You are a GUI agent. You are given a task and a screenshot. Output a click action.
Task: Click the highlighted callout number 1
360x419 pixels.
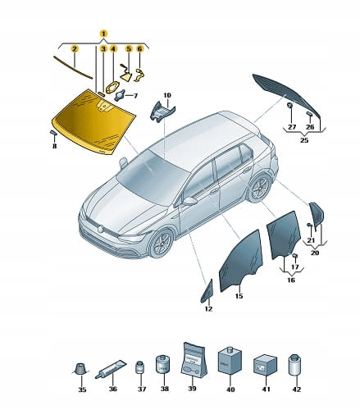click(103, 34)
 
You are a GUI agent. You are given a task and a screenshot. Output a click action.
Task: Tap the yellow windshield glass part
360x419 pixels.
click(93, 121)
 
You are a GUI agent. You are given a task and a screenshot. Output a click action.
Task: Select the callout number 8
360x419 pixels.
click(55, 146)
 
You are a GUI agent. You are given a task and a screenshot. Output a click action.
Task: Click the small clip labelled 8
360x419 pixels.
click(53, 133)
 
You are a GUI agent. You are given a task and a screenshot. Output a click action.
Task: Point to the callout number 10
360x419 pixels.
click(167, 95)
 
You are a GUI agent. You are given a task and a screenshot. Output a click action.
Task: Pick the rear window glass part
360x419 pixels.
click(286, 95)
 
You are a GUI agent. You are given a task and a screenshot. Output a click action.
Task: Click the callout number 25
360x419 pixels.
click(304, 140)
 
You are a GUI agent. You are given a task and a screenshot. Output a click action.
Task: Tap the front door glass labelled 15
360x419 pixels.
click(240, 261)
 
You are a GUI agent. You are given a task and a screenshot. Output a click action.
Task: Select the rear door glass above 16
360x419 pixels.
click(284, 235)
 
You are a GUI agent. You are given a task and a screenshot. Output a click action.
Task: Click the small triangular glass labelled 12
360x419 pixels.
click(207, 292)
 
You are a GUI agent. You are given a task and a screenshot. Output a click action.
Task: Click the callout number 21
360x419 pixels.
click(311, 240)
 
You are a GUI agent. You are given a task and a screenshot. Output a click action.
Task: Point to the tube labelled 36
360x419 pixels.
click(111, 369)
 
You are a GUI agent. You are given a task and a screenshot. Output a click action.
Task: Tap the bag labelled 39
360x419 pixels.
click(193, 359)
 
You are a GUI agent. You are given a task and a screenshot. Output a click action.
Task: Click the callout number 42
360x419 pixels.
click(297, 389)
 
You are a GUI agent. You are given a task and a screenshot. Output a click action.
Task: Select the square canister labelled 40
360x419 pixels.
click(230, 361)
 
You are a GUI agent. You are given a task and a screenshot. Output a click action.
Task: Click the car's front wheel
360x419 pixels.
click(162, 244)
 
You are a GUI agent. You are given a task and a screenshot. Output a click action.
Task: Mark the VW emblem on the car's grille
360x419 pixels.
click(101, 229)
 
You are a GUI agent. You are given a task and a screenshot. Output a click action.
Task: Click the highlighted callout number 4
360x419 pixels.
click(113, 49)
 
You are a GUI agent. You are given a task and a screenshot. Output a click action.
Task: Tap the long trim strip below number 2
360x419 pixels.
click(73, 67)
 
